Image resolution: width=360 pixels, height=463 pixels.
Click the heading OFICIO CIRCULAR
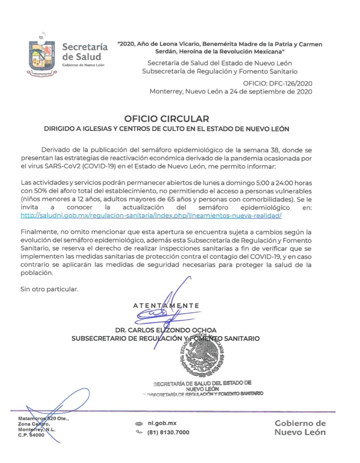click(166, 119)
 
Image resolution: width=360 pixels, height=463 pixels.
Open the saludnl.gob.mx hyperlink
click(151, 215)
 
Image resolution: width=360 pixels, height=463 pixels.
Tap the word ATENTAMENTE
click(166, 306)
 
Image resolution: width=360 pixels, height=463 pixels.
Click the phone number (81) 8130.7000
click(168, 432)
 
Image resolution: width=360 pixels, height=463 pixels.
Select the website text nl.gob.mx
click(162, 423)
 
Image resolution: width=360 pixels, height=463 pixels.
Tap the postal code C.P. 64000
click(31, 435)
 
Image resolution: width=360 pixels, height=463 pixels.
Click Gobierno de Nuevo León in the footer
click(300, 428)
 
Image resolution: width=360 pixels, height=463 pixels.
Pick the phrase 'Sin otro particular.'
click(49, 289)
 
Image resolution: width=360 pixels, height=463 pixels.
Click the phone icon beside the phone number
click(139, 432)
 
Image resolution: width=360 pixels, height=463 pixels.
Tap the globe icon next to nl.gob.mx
click(139, 424)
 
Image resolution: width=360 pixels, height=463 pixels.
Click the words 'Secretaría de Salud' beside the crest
click(85, 52)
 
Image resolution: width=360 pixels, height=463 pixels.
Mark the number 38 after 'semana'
click(275, 150)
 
